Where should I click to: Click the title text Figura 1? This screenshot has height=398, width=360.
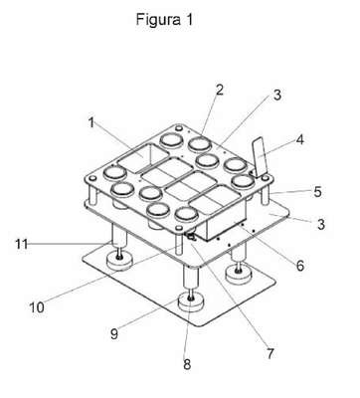[x=164, y=20]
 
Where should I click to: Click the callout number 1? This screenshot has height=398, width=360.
[x=91, y=123]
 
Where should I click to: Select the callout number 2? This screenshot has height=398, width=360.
[x=220, y=91]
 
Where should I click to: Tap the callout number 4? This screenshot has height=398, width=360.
[x=299, y=139]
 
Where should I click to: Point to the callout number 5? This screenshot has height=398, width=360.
[x=317, y=192]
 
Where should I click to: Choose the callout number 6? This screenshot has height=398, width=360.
[x=300, y=266]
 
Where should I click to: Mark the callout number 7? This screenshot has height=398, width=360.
[x=270, y=354]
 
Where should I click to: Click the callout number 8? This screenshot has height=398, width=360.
[x=187, y=365]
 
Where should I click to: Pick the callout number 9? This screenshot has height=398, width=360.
[x=114, y=334]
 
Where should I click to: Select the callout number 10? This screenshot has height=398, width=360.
[x=37, y=307]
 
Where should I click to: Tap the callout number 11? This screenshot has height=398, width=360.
[x=21, y=245]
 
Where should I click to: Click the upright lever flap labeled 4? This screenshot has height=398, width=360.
[x=260, y=158]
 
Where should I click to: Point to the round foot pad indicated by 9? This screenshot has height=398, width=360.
[x=191, y=301]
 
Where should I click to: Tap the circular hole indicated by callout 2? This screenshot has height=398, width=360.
[x=200, y=144]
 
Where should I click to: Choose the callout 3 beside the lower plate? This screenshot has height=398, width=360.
[x=321, y=224]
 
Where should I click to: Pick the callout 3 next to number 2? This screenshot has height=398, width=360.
[x=276, y=95]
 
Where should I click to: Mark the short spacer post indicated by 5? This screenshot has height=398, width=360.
[x=266, y=195]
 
